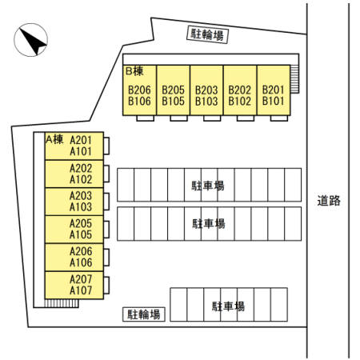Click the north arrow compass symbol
[x=31, y=40]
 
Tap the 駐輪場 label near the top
[x=207, y=34]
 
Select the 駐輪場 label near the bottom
[x=144, y=314]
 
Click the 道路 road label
[x=329, y=201]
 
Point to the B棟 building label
[x=134, y=71]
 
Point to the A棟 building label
[x=54, y=139]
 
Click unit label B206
[x=139, y=90]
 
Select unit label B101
[x=273, y=101]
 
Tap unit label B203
[x=206, y=90]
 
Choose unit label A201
[x=81, y=140]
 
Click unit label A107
[x=81, y=290]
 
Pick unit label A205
[x=81, y=223]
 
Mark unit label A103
[x=81, y=207]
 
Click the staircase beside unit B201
[x=294, y=79]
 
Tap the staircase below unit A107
[x=62, y=303]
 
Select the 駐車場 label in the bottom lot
[x=228, y=306]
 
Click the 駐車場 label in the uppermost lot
[x=208, y=186]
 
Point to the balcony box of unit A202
[x=106, y=174]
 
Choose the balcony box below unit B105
[x=178, y=118]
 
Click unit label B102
[x=239, y=101]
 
